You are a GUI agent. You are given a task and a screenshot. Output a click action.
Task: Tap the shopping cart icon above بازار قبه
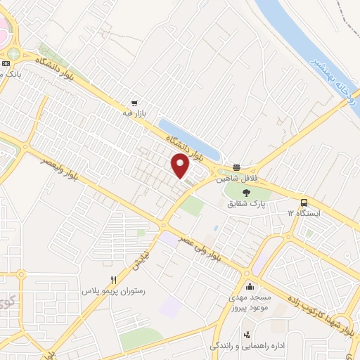[134, 101]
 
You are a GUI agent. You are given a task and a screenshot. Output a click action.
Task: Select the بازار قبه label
[134, 112]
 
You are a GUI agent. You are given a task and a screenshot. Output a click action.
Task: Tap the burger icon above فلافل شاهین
[237, 167]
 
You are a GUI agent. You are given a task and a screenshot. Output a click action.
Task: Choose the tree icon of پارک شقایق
[246, 191]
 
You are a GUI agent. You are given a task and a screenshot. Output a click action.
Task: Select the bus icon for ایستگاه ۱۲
[303, 200]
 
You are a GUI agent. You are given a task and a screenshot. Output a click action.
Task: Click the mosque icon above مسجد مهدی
[250, 286]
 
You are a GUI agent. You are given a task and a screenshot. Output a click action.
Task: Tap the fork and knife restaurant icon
[124, 279]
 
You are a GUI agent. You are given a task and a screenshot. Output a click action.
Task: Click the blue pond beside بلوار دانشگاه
[190, 141]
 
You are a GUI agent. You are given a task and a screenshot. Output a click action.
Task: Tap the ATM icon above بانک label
[6, 63]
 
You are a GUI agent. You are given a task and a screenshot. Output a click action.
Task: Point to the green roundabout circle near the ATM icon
[13, 53]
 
